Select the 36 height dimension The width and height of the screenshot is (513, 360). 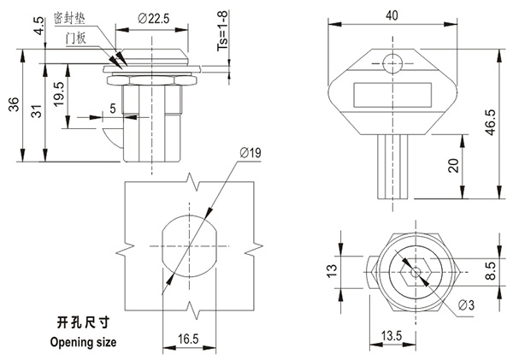[x=13, y=103]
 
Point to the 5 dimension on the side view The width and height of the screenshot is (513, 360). [x=113, y=108]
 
